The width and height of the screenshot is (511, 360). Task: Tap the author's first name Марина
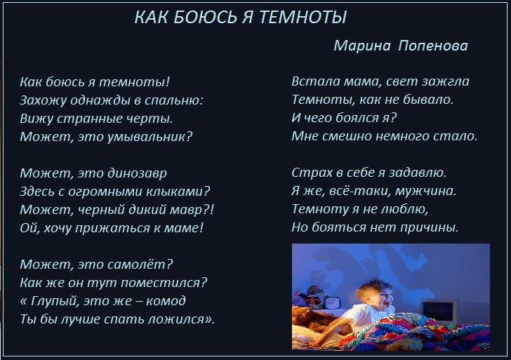(x=362, y=46)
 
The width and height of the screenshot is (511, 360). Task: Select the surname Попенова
(x=433, y=46)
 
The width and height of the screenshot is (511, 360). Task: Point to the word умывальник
(x=150, y=137)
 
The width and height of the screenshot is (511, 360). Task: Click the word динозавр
(x=137, y=173)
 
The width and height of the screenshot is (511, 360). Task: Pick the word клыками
(x=175, y=192)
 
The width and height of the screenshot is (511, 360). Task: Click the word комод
(x=166, y=301)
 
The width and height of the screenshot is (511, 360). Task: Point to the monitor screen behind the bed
(x=438, y=310)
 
